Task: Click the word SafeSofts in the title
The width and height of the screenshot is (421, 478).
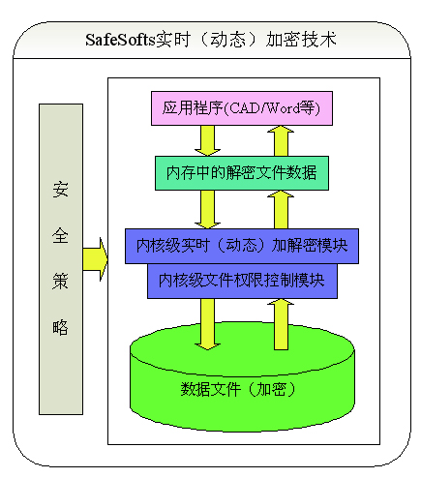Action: tap(120, 40)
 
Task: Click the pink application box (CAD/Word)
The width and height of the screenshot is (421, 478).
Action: tap(242, 108)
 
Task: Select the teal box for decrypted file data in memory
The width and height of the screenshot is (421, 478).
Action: tap(242, 173)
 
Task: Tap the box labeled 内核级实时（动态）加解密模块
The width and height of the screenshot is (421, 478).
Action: tap(242, 246)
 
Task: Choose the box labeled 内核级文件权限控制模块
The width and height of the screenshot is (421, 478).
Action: tap(242, 281)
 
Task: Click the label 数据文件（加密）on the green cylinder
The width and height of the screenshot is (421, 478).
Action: tap(238, 389)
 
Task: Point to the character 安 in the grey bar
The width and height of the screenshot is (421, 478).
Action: tap(60, 190)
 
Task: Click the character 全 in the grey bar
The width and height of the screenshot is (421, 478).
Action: tap(60, 235)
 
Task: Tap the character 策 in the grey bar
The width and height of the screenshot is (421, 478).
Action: tap(60, 282)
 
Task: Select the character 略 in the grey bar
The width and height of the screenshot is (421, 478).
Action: tap(60, 327)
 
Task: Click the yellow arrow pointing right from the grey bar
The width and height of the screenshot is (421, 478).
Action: tap(95, 259)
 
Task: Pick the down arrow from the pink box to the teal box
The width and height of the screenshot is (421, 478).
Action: tap(207, 140)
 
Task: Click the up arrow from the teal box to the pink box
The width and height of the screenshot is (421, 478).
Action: tap(281, 141)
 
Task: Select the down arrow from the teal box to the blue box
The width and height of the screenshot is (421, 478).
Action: tap(207, 210)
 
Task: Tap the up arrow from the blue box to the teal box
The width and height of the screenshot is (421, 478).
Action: tap(281, 210)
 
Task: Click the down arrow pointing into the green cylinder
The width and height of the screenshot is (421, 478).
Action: tap(207, 324)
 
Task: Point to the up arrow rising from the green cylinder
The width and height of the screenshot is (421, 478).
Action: tap(281, 324)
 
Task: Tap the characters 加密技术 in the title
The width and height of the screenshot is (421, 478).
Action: tap(301, 40)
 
